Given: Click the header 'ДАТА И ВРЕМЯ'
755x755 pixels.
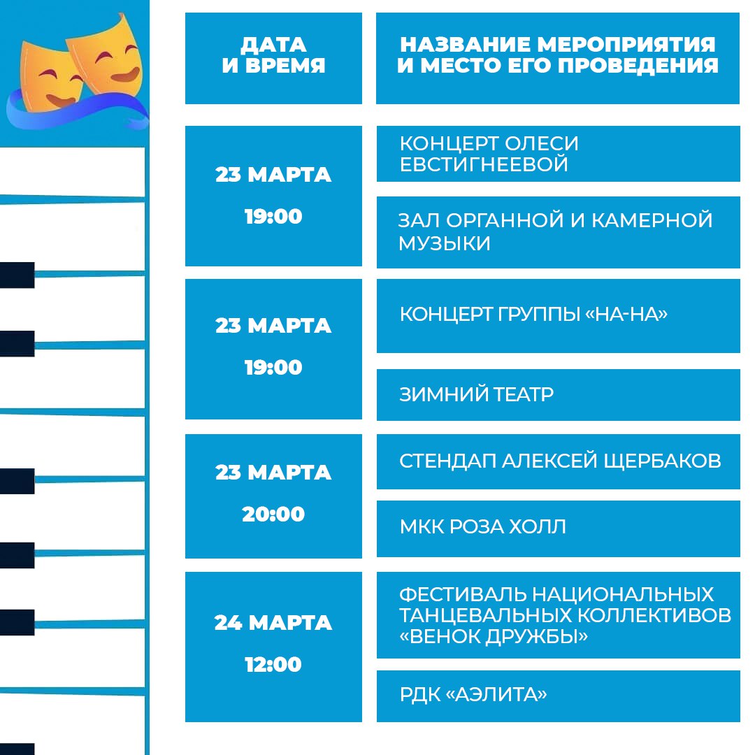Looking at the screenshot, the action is (273, 55).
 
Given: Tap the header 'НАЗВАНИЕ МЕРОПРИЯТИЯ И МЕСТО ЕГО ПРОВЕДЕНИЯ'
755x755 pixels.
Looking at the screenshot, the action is (558, 55).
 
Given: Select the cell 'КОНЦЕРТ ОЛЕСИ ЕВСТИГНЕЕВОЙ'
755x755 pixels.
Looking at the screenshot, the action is (489, 154).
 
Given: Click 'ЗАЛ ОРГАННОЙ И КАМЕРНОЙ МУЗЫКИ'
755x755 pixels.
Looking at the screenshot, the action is (555, 231).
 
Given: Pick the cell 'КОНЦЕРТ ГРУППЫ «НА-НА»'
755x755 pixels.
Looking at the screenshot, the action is (533, 314).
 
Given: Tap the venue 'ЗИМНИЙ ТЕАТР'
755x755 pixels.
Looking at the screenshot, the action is (476, 394).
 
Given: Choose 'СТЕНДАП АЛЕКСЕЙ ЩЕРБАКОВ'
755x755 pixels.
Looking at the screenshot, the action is (560, 461).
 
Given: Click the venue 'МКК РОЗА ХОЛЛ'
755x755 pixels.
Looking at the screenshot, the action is (482, 527).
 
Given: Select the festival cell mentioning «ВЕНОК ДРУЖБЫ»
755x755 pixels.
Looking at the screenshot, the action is (566, 615).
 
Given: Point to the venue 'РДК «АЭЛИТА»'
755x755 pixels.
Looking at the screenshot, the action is (473, 694).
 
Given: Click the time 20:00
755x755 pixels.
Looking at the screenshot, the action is (273, 515).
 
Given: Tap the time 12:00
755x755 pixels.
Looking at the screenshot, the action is (273, 665).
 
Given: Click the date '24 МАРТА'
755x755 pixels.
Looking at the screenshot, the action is (273, 623).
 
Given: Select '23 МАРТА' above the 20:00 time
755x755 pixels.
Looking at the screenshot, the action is (273, 473).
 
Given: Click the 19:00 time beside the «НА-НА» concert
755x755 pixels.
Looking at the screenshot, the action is (273, 368).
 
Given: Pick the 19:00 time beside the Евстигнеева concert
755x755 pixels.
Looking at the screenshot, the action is (273, 217).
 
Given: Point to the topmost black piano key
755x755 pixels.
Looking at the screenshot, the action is (17, 275).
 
